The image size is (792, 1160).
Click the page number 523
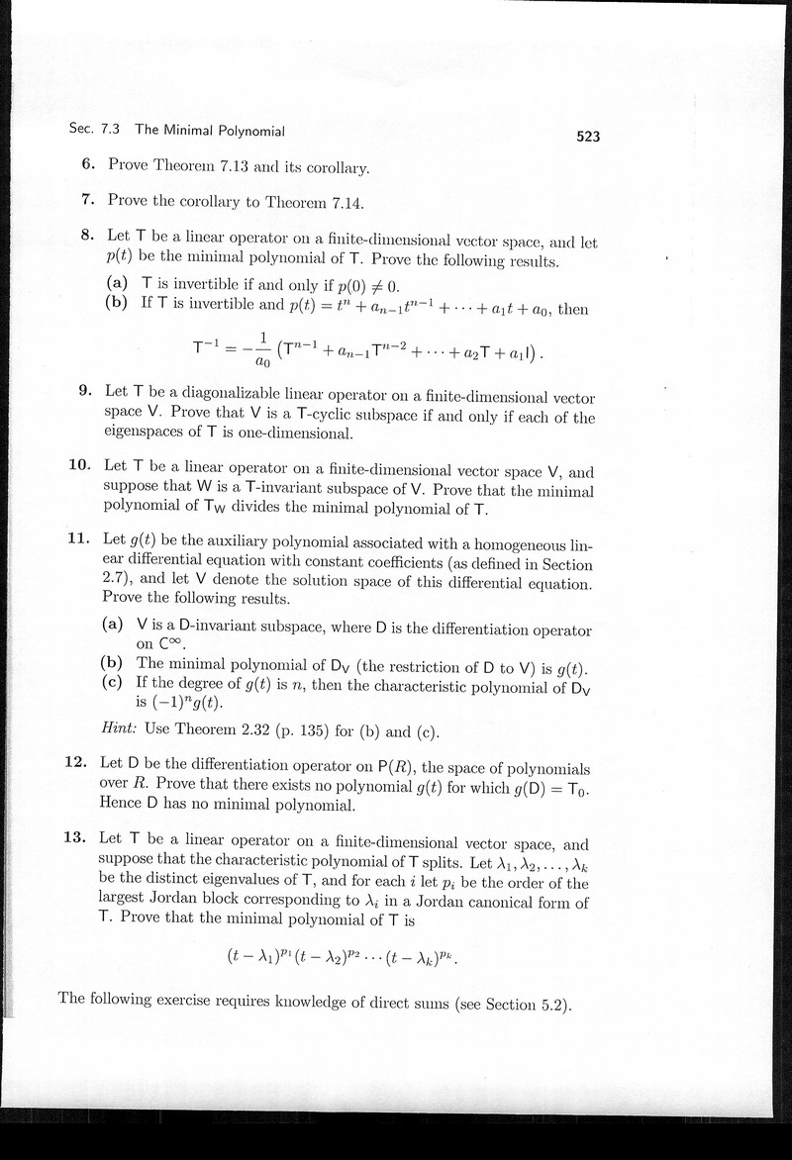point(588,138)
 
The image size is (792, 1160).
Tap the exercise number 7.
point(88,199)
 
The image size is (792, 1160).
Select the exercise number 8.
point(87,236)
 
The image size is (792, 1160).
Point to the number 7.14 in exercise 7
point(345,201)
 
